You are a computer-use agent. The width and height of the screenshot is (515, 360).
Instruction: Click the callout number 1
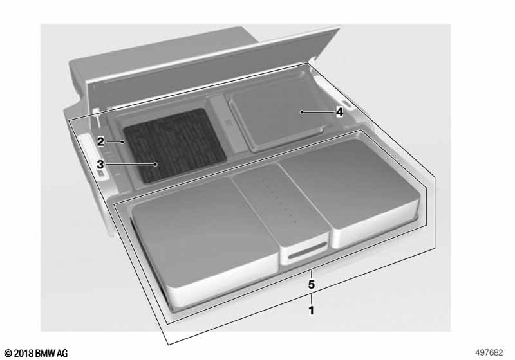click(x=311, y=310)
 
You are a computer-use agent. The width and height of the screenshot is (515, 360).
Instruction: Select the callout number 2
click(x=100, y=141)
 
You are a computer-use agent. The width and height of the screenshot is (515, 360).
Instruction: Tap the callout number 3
click(x=100, y=165)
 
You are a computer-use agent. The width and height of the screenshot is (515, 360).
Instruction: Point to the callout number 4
click(x=339, y=112)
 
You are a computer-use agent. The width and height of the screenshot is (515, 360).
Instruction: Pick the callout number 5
click(x=311, y=284)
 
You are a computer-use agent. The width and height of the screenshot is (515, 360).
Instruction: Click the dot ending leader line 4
click(x=301, y=112)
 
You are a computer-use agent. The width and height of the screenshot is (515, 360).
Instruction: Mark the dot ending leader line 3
click(x=156, y=164)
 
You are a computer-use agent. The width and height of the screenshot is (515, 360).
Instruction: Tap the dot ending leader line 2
click(x=122, y=141)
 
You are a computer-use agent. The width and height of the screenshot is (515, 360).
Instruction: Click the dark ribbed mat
click(x=174, y=144)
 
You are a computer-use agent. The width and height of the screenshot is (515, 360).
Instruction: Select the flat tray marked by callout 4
click(x=277, y=120)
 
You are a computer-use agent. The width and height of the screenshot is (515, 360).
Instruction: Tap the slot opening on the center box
click(x=307, y=251)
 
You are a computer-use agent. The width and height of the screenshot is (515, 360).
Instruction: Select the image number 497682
click(x=489, y=352)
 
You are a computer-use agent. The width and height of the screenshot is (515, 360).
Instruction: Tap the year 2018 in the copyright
click(x=24, y=354)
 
